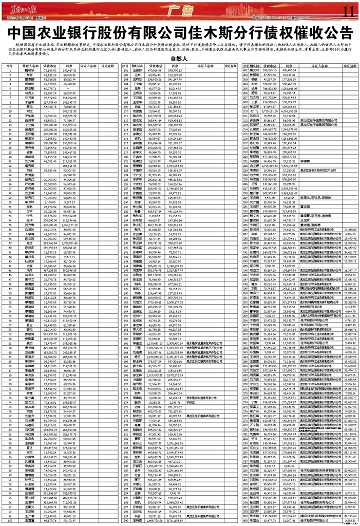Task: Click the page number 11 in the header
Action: (x=348, y=10)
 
